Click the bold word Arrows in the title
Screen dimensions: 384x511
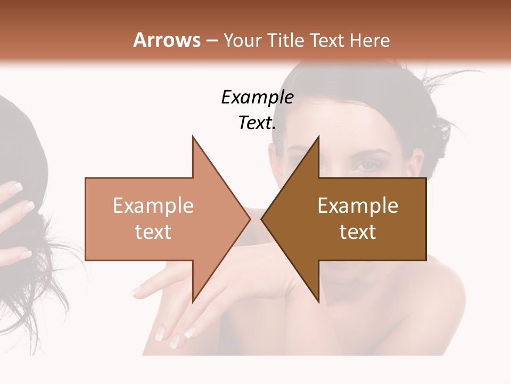click(x=167, y=40)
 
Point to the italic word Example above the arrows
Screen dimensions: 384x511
click(x=257, y=97)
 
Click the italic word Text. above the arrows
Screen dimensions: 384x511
click(x=257, y=123)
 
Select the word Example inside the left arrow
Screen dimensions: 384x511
click(x=153, y=206)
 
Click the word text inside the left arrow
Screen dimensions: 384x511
click(x=153, y=232)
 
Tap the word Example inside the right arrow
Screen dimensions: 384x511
click(x=358, y=206)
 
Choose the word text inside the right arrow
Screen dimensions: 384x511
click(x=358, y=232)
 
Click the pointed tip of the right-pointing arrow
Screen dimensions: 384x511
click(x=250, y=219)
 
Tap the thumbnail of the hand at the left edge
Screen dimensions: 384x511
click(x=14, y=187)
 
